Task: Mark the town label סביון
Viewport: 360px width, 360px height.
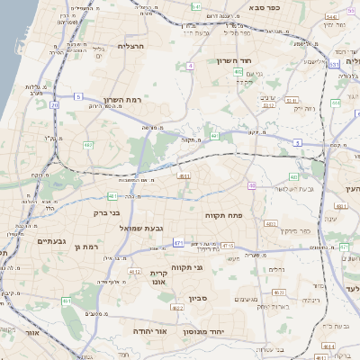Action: pos(199,299)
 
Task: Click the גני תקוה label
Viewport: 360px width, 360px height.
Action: pos(211,267)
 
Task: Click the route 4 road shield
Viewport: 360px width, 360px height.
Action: pos(191,66)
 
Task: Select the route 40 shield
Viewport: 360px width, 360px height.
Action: pos(253,186)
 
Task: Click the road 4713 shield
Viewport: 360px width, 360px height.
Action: pos(227,246)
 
